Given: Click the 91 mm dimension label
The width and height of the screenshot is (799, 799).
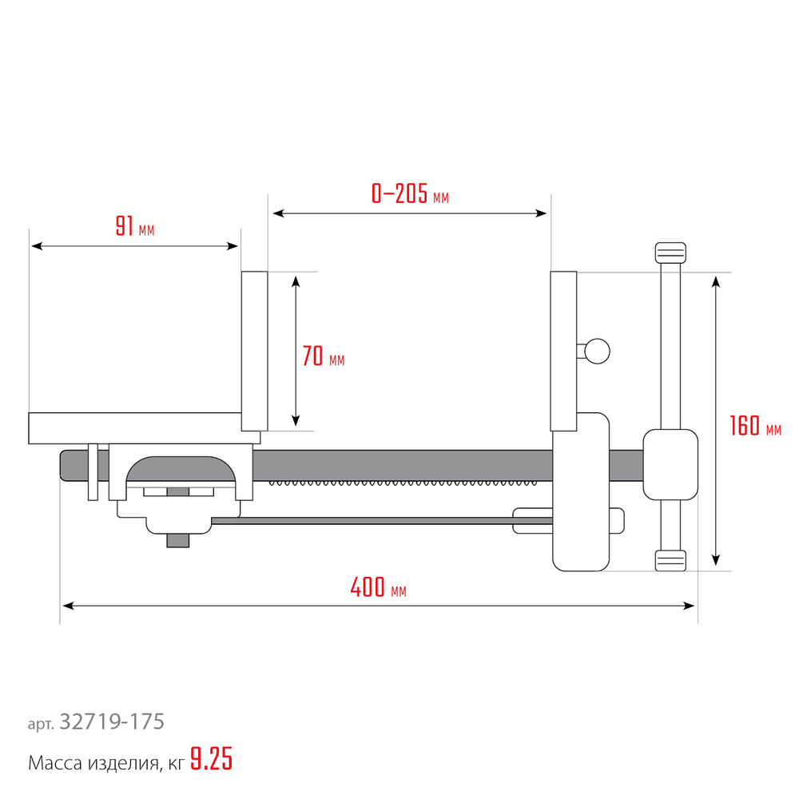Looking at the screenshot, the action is [x=135, y=226].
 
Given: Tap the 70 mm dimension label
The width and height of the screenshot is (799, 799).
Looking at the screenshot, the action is [x=323, y=356].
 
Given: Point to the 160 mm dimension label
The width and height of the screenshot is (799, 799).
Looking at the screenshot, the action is [x=755, y=426].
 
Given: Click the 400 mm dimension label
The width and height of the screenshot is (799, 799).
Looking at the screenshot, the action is [x=378, y=587].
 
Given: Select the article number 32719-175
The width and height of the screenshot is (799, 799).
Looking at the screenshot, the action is [x=112, y=721].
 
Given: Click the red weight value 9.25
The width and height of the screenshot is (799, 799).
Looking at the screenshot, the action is [x=212, y=759].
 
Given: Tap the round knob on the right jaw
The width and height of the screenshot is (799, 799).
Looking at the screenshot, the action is [x=597, y=351].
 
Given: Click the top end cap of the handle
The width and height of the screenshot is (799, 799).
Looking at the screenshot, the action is [x=670, y=252].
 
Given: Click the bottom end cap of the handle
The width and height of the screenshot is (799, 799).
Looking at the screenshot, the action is [x=670, y=561].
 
